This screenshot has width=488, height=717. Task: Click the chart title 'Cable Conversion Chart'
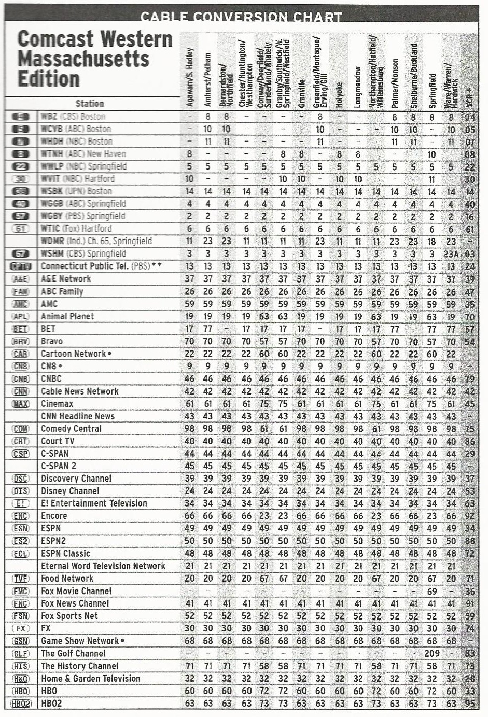pos(241,17)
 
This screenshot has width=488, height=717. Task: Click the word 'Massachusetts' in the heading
pos(83,59)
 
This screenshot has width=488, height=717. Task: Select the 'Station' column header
pos(90,104)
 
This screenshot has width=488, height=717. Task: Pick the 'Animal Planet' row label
pos(67,316)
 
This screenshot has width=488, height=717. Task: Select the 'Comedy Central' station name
pos(71,429)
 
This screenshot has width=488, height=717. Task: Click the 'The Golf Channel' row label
pos(73,654)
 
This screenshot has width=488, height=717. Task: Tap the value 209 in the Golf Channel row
pos(431,654)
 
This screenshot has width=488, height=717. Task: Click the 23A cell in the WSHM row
pos(451,254)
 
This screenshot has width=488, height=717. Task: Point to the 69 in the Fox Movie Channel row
pos(431,591)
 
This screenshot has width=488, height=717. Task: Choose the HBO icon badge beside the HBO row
pos(20,691)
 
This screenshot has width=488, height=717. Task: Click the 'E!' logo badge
pos(20,503)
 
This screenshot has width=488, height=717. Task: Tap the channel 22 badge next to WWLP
pos(20,166)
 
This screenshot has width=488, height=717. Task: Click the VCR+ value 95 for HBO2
pos(470,704)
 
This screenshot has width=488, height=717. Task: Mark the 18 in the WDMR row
pos(431,241)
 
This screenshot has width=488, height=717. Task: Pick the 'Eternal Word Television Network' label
pos(103,566)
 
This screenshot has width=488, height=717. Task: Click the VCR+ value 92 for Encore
pos(470,516)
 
